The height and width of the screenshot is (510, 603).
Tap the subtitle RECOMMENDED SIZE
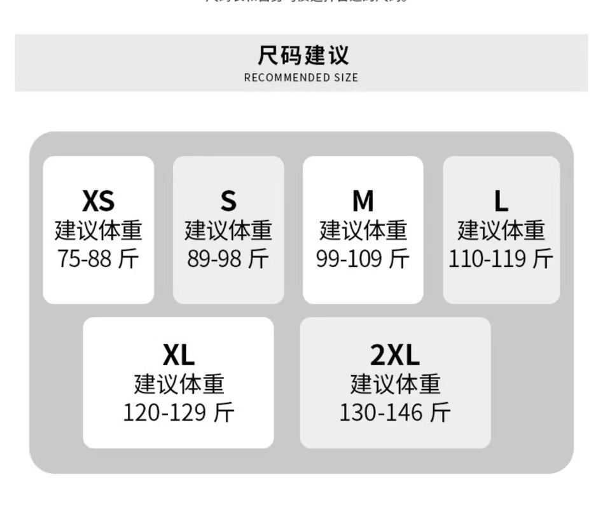[x=301, y=78]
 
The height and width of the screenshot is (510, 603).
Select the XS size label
[x=98, y=201]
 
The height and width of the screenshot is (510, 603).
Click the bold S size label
[x=228, y=201]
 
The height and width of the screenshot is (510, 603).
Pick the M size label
[x=363, y=201]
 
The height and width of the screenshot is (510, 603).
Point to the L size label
[x=501, y=201]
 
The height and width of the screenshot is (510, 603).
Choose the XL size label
[x=178, y=355]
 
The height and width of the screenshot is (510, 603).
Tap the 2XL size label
[x=395, y=355]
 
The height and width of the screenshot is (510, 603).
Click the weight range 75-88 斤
[x=98, y=259]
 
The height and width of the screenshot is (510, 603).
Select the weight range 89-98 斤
[x=228, y=259]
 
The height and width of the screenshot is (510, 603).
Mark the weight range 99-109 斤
[x=363, y=259]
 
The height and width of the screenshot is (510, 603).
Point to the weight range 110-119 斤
[x=501, y=259]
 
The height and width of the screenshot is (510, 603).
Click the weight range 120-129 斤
[x=178, y=413]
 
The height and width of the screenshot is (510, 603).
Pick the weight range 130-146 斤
[x=395, y=413]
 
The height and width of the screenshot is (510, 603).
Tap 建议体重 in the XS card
[x=98, y=230]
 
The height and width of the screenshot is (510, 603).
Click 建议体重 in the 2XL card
[x=395, y=384]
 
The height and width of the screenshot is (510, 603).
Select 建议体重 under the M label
[x=363, y=230]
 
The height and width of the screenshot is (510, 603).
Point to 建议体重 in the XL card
[x=178, y=384]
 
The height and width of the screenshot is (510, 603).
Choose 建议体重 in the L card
[x=501, y=230]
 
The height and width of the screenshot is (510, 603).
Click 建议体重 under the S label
[x=228, y=230]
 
